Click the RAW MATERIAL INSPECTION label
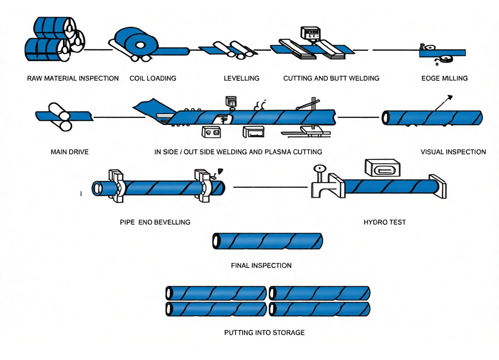point(73,78)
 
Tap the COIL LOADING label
point(153,78)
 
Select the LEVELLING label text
point(242,78)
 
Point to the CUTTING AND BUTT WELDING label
point(331,78)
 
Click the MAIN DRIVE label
point(70,152)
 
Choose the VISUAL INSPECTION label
point(453,152)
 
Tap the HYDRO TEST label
point(384,222)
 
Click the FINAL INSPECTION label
point(261,265)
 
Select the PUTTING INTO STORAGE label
point(264,332)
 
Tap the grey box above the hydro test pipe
point(382,167)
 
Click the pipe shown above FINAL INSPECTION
point(267,241)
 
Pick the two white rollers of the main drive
point(60,117)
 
